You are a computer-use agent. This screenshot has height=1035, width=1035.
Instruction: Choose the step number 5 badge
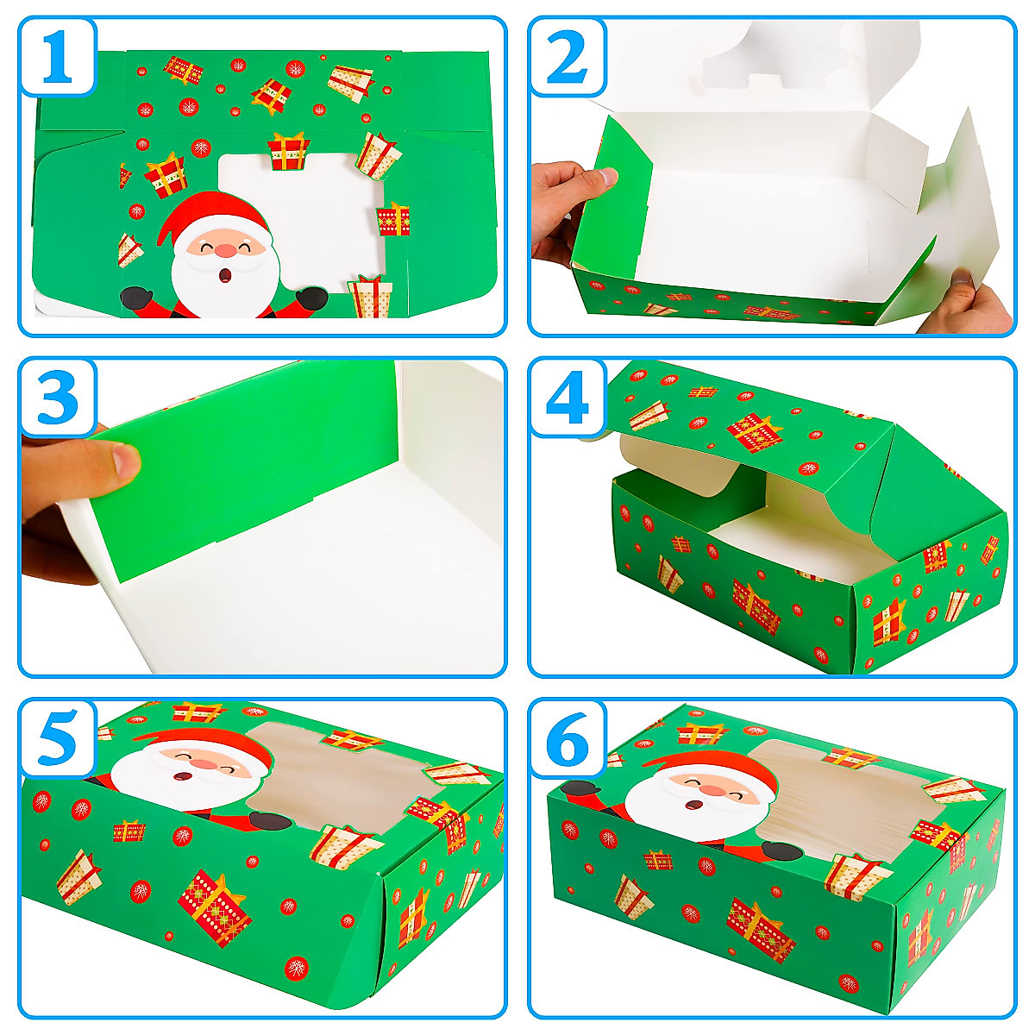pyautogui.click(x=57, y=737)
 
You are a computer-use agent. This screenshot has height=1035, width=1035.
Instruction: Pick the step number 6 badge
pyautogui.click(x=567, y=737)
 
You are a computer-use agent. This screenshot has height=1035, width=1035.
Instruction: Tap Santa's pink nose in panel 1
pyautogui.click(x=225, y=251)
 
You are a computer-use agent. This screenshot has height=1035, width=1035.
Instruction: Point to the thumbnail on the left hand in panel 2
pyautogui.click(x=608, y=177)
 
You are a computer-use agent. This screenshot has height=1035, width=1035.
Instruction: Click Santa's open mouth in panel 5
pyautogui.click(x=183, y=777)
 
